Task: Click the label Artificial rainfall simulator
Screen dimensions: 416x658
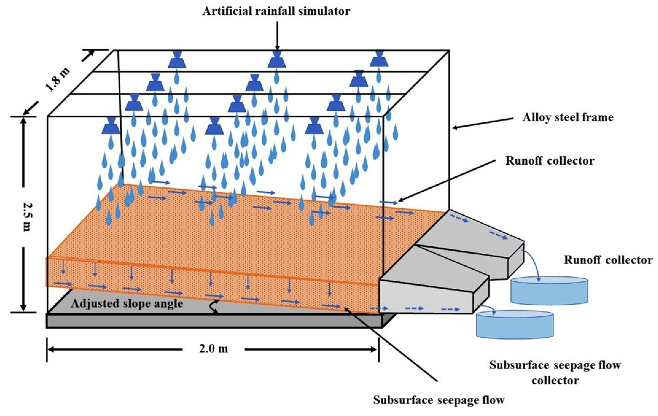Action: click(276, 11)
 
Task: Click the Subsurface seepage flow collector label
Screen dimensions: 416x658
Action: click(555, 373)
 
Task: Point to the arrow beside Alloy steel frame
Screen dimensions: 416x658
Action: click(482, 123)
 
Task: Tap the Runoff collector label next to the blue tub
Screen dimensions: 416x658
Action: click(608, 260)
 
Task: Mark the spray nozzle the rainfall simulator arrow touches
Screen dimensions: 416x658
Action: click(277, 60)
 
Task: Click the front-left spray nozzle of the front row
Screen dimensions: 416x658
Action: click(111, 126)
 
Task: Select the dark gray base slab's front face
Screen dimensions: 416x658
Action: click(213, 321)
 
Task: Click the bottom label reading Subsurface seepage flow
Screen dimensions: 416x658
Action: click(439, 400)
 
